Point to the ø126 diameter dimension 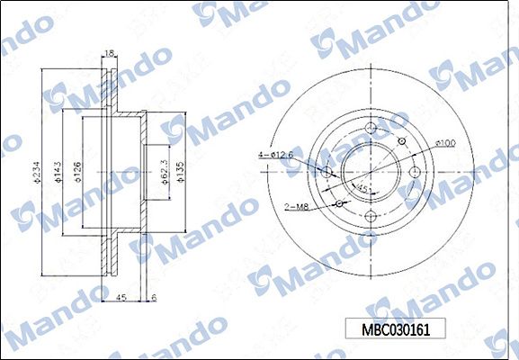(x=78, y=169)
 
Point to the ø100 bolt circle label (x=444, y=142)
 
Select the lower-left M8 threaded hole (x=339, y=202)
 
